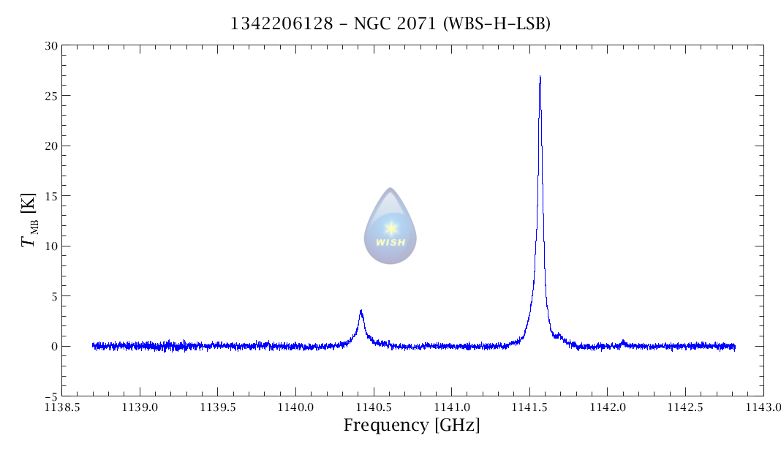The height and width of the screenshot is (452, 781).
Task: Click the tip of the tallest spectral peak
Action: [540, 77]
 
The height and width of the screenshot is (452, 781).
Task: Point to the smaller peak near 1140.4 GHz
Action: [361, 312]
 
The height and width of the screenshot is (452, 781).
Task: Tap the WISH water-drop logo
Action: [390, 226]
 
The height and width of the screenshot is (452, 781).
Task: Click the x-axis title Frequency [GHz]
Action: [412, 425]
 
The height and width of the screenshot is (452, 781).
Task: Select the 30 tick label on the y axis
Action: [50, 45]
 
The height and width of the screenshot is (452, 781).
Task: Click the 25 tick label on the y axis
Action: [50, 96]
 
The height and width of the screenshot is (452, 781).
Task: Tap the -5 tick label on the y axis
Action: [49, 396]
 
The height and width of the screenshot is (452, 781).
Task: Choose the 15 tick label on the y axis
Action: [50, 196]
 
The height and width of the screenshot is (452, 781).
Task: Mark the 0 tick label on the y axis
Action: [53, 347]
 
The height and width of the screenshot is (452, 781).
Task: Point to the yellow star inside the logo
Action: [390, 227]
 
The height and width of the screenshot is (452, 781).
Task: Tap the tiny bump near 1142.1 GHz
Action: [622, 341]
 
